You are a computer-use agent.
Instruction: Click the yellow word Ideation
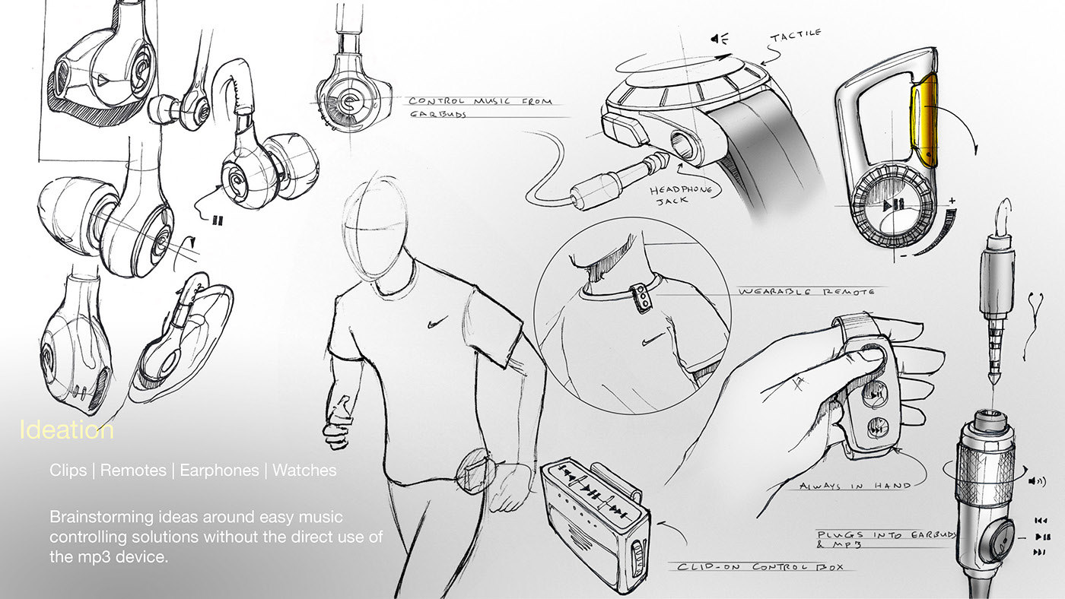pyautogui.click(x=67, y=430)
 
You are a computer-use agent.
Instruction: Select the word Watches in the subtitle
pyautogui.click(x=304, y=471)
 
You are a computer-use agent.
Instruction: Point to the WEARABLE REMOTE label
pyautogui.click(x=806, y=291)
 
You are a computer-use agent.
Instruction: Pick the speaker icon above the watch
pyautogui.click(x=717, y=39)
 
